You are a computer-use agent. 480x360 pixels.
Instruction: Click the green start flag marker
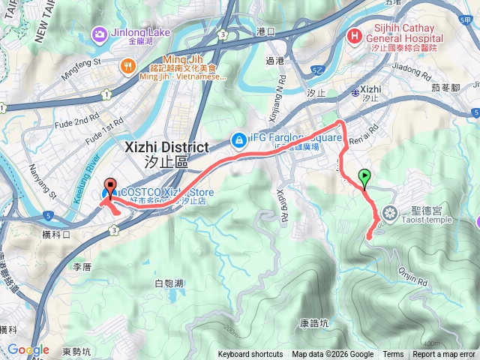point(364,178)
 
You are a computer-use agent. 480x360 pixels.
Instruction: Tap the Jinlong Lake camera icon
point(99,33)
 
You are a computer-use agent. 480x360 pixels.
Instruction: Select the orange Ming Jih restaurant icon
point(129,66)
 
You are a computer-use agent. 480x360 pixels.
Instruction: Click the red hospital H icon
point(353,34)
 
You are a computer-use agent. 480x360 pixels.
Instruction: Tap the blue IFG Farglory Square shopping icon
point(238,139)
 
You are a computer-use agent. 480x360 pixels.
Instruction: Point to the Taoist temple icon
point(388,214)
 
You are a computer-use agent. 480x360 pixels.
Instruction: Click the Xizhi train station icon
point(355,91)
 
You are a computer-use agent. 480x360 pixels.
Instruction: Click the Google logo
point(28,349)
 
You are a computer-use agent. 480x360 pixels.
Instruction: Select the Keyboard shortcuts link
point(250,355)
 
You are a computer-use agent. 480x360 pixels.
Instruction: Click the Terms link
point(393,355)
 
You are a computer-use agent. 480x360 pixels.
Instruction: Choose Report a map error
point(444,355)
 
